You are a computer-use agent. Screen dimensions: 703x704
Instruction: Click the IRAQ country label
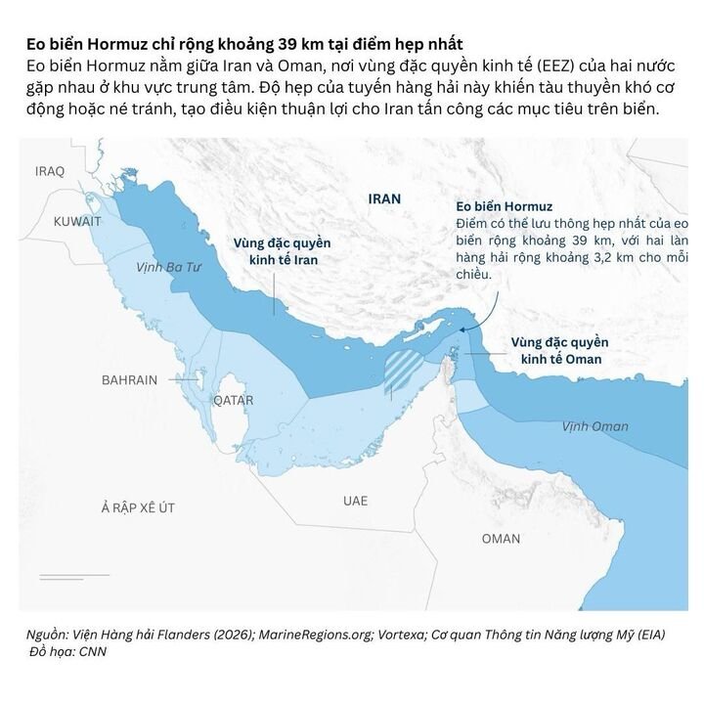pos(49,171)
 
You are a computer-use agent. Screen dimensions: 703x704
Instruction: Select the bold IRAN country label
pos(384,198)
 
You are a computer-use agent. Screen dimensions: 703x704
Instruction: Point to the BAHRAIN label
pos(129,380)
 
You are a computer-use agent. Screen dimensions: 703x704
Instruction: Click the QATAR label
pos(233,400)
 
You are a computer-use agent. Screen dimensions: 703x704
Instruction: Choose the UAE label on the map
pos(356,500)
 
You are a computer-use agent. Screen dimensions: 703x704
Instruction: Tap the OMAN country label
pos(501,539)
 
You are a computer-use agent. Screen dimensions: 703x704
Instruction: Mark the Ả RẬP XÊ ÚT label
pos(138,507)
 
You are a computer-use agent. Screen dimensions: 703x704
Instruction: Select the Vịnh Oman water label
pos(595,426)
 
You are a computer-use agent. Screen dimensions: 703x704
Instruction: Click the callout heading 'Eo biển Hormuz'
pos(505,206)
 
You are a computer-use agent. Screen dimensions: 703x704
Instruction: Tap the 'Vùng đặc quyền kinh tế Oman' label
pos(560,351)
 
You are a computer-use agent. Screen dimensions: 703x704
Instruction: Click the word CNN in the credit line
pos(92,651)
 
